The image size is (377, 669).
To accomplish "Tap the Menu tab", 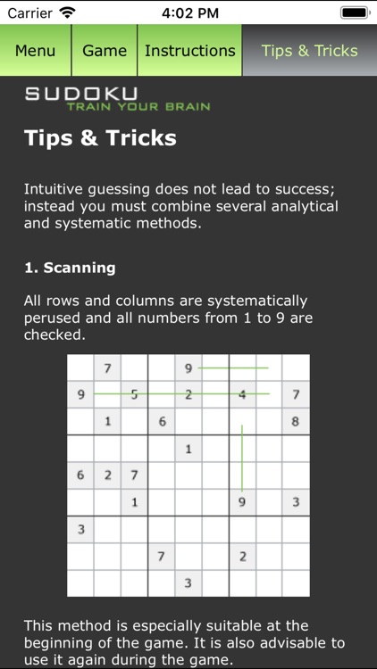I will (x=35, y=51).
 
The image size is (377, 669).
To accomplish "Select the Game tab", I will (x=105, y=51).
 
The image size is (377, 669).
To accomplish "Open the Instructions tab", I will (x=189, y=51).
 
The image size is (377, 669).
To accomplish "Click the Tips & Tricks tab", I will (x=309, y=51).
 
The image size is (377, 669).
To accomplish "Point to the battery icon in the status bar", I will (x=354, y=13).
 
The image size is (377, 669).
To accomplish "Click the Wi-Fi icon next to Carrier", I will (x=68, y=13).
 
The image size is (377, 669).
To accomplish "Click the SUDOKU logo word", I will (x=81, y=94).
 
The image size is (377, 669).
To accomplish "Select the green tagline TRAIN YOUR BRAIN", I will (x=138, y=107).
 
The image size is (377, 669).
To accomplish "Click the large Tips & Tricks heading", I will (x=100, y=138).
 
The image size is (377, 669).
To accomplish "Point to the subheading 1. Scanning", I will (x=69, y=268).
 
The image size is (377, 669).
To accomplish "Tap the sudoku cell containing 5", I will (x=134, y=394).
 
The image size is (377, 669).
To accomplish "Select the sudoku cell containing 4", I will (x=242, y=394).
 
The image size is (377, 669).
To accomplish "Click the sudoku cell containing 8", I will (x=296, y=421).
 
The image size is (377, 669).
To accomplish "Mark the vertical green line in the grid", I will (x=242, y=458).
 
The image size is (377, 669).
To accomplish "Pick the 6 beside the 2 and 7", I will (x=80, y=475).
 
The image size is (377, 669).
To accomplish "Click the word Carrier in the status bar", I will (x=30, y=13).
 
